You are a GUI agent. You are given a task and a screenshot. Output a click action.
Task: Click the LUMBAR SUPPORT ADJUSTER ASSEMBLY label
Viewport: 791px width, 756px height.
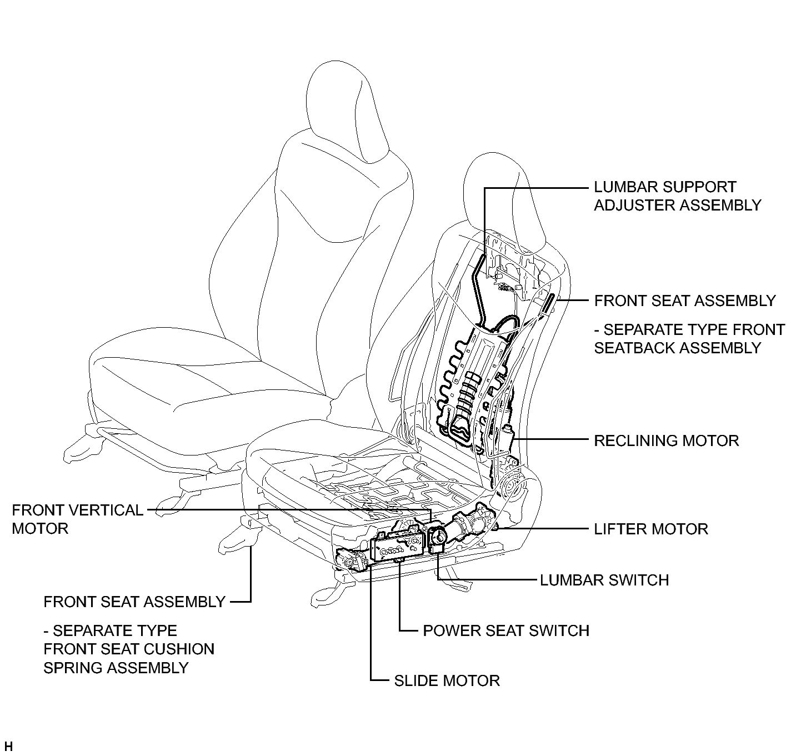coord(677,196)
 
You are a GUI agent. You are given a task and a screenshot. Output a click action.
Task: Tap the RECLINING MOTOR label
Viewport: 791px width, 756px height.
coord(666,440)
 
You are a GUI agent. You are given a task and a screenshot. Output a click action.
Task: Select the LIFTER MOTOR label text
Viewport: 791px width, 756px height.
coord(651,529)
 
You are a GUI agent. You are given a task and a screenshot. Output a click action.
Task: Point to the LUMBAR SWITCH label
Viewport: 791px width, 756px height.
coord(604,580)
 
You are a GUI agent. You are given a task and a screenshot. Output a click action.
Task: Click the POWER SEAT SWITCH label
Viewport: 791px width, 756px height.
coord(505,630)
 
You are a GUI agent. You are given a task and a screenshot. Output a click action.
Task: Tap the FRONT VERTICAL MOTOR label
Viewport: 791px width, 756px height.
coord(77,519)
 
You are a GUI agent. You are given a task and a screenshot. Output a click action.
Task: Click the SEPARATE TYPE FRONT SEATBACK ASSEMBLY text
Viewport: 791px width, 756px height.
coord(689,339)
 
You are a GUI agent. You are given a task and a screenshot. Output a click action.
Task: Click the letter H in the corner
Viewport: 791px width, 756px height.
coord(8,746)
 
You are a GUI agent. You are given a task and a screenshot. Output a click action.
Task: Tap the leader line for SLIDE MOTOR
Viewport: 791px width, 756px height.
coord(371,622)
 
